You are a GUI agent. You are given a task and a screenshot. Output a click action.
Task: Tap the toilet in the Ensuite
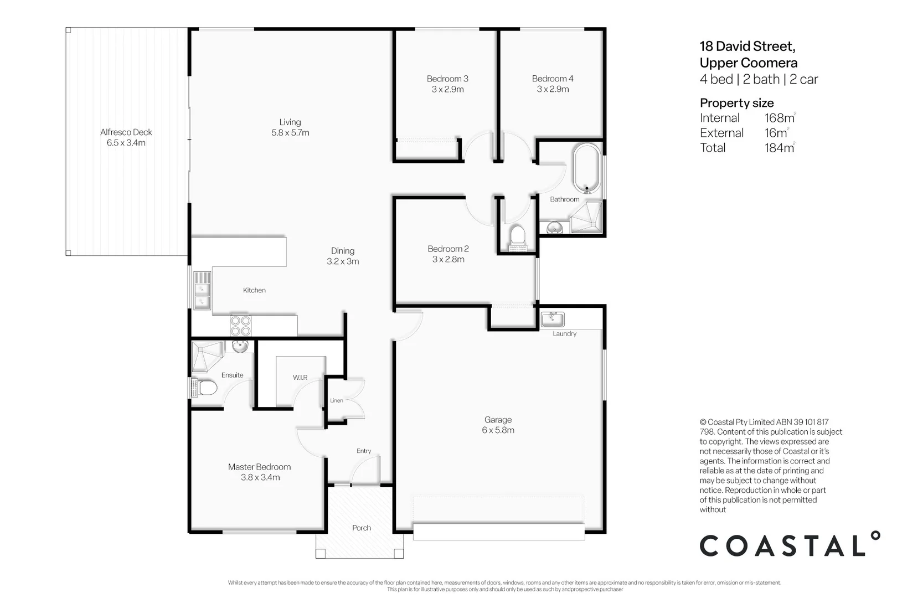206,388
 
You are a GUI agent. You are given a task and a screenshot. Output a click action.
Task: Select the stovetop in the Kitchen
241,326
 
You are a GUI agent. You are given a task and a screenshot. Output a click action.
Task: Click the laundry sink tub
553,319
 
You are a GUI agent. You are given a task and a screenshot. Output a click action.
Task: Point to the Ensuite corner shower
207,355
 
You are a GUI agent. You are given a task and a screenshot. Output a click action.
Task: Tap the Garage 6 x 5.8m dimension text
498,430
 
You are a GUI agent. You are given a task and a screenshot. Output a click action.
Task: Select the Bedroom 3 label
447,79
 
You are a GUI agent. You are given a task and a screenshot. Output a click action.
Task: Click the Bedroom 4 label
553,79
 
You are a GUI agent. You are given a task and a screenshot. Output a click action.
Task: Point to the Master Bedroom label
259,467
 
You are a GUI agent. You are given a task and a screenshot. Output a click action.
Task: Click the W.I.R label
300,378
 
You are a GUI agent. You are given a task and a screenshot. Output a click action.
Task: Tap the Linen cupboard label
337,400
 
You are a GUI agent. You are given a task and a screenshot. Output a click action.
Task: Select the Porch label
362,528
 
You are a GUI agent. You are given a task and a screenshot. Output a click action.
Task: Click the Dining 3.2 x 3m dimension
343,261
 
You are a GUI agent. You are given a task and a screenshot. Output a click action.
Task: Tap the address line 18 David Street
747,46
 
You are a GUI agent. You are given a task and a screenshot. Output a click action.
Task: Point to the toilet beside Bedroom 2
517,235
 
